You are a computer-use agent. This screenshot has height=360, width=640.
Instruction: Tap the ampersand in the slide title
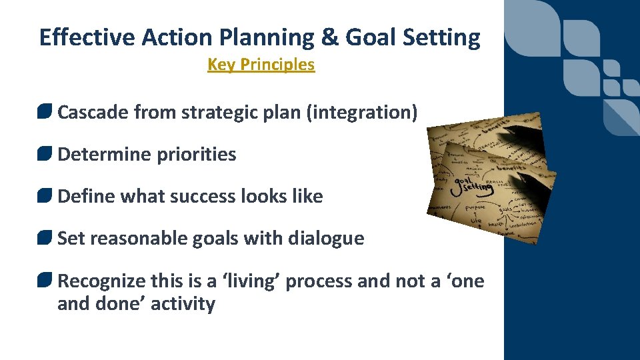[x=329, y=38]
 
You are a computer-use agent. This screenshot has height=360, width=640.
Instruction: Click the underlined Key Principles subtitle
[x=261, y=65]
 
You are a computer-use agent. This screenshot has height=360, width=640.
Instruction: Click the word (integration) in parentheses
[x=362, y=112]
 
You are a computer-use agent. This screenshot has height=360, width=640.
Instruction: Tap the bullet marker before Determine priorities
[x=45, y=154]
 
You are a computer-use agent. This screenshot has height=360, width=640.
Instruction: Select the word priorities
[x=196, y=154]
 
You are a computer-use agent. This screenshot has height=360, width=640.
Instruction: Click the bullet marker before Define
[x=45, y=196]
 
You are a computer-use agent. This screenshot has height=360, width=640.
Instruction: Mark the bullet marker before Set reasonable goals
[x=45, y=238]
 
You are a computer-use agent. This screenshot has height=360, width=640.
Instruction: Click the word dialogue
[x=326, y=238]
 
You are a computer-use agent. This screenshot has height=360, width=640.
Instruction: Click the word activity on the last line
[x=183, y=304]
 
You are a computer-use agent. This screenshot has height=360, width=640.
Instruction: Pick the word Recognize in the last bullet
[x=100, y=281]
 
